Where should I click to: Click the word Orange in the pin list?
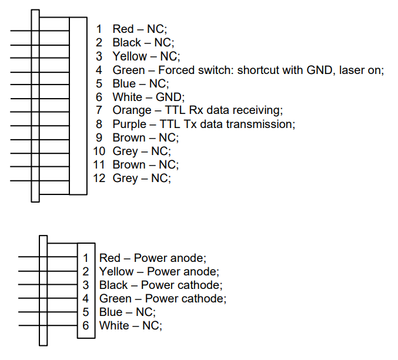[132, 110]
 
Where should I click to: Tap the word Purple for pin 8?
[129, 125]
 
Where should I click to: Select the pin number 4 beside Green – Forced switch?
[99, 70]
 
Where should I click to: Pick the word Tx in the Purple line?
[190, 125]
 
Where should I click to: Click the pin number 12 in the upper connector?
[99, 178]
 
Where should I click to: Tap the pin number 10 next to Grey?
[99, 152]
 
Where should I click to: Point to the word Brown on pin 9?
[129, 137]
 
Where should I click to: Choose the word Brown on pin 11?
[129, 165]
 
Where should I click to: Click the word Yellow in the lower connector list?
[116, 271]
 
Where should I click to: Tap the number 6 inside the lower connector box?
[86, 325]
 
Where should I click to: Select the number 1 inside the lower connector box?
[86, 258]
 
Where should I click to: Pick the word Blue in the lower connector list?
[111, 312]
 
